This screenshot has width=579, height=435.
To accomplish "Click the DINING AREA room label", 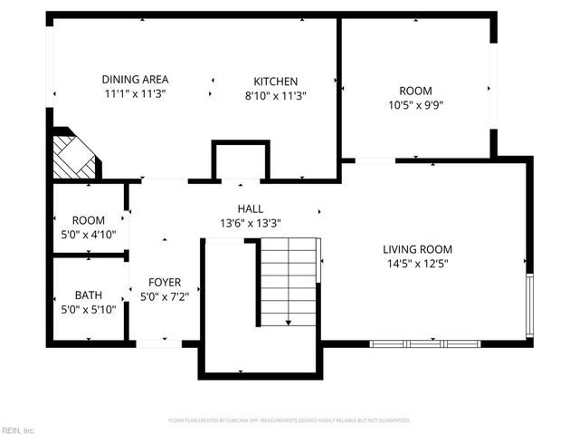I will click(x=135, y=80).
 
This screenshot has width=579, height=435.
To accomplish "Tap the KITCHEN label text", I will click(x=275, y=82).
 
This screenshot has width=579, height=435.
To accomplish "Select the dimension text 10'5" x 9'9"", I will click(x=415, y=104).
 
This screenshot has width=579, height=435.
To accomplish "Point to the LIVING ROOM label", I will click(x=417, y=249).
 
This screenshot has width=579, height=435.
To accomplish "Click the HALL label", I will click(x=251, y=209).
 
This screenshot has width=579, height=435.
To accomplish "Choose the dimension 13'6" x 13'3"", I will click(x=251, y=223).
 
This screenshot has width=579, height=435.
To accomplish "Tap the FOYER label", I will click(x=165, y=281).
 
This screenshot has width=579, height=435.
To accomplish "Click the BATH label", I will click(x=89, y=295).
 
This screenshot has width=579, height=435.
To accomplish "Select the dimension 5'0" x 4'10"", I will click(x=89, y=234).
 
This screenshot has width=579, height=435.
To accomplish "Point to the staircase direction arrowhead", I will click(x=288, y=322).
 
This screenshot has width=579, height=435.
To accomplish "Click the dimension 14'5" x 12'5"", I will click(x=417, y=264).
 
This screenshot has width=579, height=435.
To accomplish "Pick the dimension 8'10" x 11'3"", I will click(x=275, y=95).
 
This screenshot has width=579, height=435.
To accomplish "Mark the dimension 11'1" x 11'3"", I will click(x=135, y=93).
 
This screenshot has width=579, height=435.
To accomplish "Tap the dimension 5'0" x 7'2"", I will click(x=165, y=295).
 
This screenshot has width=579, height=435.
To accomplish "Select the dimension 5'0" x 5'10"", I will click(x=89, y=309).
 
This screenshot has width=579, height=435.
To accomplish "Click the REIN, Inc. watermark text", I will click(x=17, y=430).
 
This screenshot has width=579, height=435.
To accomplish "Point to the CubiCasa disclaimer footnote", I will click(x=289, y=420).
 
